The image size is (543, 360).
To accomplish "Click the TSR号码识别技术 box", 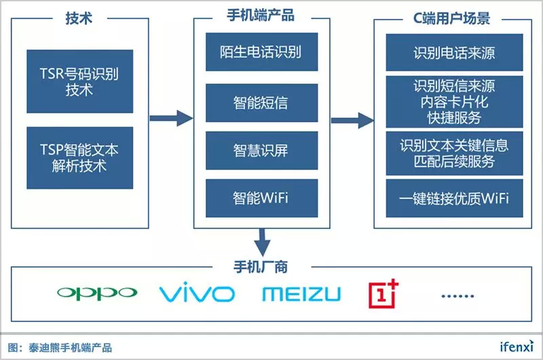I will tap(79, 81).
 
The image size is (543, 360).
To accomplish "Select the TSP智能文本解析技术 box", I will tap(79, 157).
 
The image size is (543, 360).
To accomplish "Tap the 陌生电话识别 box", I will tap(261, 52).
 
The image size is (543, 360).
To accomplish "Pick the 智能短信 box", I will tap(261, 103).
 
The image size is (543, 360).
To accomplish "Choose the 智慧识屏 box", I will tap(261, 151).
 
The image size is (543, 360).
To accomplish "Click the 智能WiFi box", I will tap(261, 198).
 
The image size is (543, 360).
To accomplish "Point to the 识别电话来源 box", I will tap(454, 52).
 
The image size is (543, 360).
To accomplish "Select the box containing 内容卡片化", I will tap(454, 102).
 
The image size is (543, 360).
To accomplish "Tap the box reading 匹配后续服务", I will tap(454, 154).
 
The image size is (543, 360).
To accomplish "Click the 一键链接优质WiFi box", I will tap(454, 198).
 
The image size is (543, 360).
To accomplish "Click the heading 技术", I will tap(80, 18).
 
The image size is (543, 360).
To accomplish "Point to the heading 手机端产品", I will tap(261, 16).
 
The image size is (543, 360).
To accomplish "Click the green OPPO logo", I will tap(97, 293).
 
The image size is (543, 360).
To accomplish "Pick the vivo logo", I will tap(197, 293).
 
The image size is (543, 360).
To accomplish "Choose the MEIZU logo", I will tap(301, 293).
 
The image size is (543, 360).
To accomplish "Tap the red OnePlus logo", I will tap(383, 293).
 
